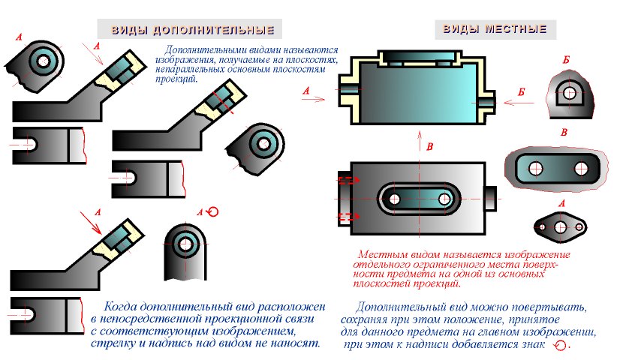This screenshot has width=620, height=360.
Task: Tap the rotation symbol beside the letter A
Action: click(213, 212)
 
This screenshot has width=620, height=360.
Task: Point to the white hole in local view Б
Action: click(569, 94)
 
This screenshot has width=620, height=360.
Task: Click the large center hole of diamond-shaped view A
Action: click(559, 226)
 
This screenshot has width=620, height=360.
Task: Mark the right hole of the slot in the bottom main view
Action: click(445, 199)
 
